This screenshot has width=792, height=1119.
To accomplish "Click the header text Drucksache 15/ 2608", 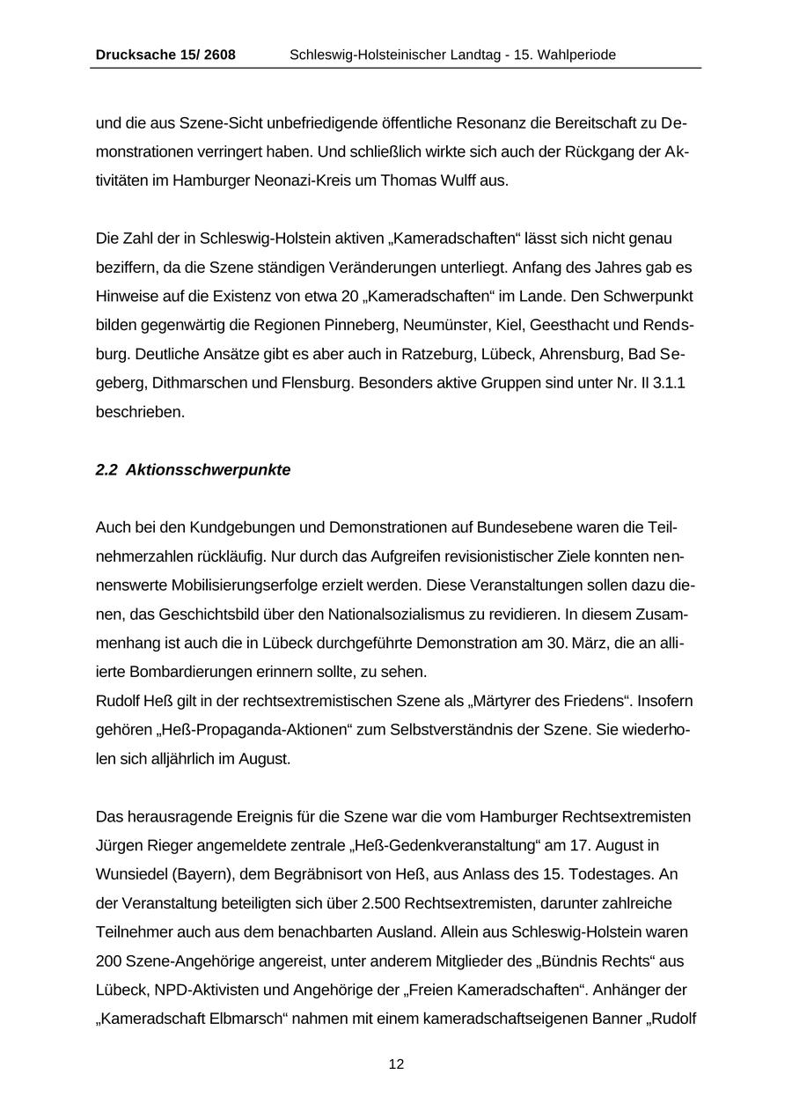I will tap(165, 55).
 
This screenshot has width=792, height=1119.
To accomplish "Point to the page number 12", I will tap(396, 1064).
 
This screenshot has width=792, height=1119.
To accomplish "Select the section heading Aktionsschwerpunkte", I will tap(208, 470).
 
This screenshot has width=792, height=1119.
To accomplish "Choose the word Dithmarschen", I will tap(203, 383).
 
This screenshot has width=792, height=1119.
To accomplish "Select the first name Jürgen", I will tap(119, 845).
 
